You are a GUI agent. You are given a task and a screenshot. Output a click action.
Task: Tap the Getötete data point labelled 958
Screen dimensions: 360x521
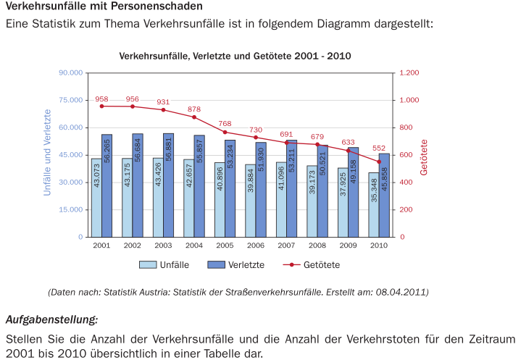[101, 106]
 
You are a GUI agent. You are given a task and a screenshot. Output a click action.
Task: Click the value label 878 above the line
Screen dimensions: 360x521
[194, 109]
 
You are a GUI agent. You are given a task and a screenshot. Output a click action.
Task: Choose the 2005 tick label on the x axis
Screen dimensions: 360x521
[225, 246]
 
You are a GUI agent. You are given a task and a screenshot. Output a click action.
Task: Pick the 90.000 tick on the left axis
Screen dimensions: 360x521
[71, 73]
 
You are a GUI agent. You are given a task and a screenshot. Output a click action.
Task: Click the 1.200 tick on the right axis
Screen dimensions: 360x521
[409, 73]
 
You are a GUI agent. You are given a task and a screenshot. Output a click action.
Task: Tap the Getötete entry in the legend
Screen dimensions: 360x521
[322, 265]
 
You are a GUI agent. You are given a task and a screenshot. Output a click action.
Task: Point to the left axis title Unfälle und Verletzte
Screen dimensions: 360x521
[47, 154]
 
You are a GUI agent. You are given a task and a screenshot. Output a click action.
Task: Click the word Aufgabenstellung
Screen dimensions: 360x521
[51, 319]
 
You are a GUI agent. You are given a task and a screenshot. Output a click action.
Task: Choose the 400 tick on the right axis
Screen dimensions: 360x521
[407, 183]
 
